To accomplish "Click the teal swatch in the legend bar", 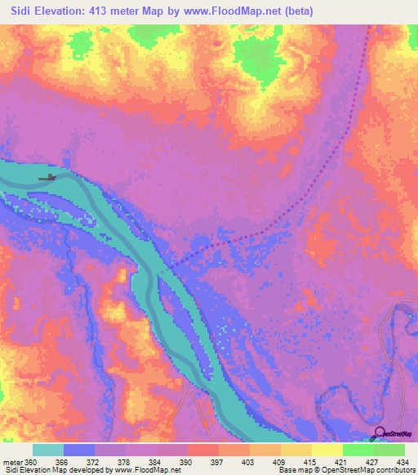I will (x=48, y=450).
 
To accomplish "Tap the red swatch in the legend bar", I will (x=203, y=450).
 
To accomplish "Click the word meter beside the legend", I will (x=13, y=462).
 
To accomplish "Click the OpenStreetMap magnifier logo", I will (x=380, y=433).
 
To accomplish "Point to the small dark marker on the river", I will (x=50, y=177).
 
